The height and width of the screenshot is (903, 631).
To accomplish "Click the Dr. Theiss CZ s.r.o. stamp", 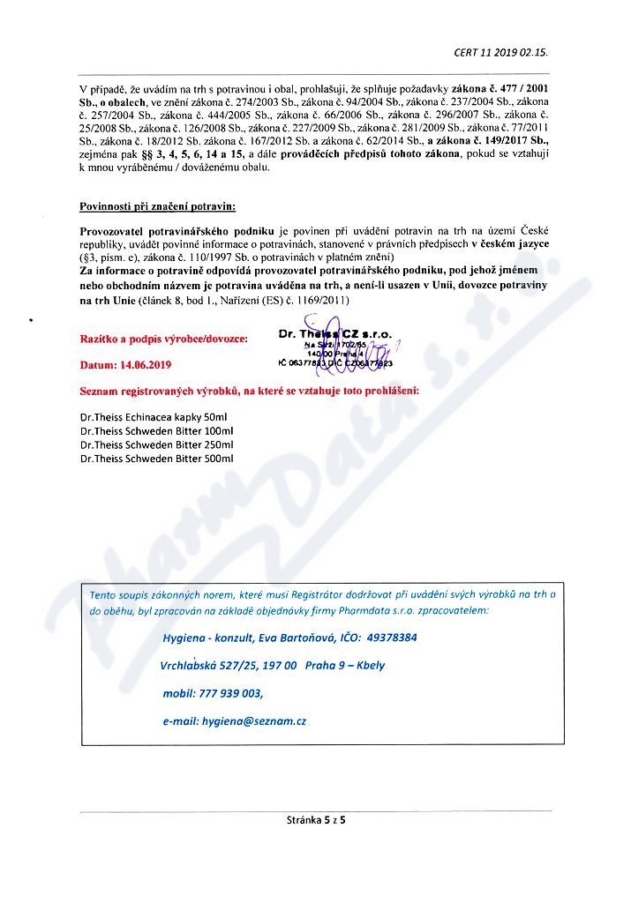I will coord(334,350).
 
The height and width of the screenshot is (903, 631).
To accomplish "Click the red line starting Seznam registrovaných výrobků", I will coord(250,389).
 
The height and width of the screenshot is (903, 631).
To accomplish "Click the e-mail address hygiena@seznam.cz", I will coord(254,721).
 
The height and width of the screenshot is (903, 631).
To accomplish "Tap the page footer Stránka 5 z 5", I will coord(316,819).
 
